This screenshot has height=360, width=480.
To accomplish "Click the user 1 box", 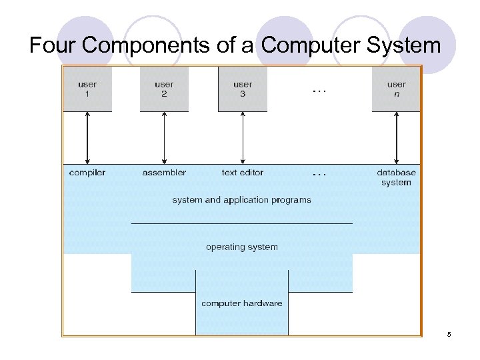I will [87, 89].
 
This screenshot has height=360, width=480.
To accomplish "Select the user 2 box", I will [164, 89].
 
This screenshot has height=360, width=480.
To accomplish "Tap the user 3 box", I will [243, 89].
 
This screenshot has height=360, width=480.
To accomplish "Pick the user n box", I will [396, 89].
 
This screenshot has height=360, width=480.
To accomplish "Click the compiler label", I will [87, 173].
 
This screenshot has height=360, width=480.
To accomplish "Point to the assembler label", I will [164, 173].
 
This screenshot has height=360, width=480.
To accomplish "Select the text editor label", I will [243, 173].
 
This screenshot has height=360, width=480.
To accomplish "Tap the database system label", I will [396, 177].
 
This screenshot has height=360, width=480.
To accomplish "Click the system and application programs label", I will [241, 199].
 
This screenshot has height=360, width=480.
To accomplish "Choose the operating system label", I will [241, 247].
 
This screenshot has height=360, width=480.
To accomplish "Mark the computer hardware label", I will [241, 303].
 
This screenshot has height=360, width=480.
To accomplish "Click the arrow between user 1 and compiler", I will [87, 138].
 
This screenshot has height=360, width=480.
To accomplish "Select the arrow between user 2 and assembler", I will [164, 138].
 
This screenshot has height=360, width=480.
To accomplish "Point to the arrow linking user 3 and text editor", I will [243, 138].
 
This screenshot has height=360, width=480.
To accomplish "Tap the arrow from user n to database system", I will [396, 138].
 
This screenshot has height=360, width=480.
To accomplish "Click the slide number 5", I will [449, 333].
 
